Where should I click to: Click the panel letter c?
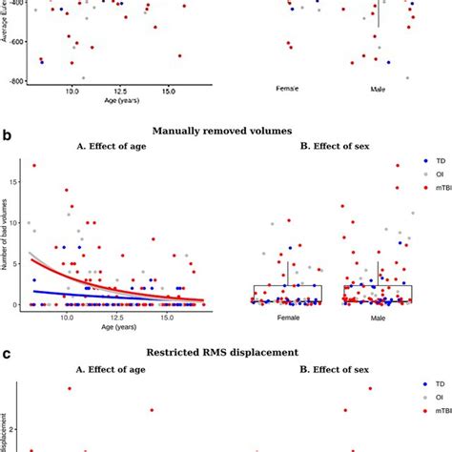tap(8, 353)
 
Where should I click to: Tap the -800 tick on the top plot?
tap(16, 81)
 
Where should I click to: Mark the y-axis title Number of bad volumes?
tap(7, 238)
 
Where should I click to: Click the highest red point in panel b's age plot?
tap(35, 165)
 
